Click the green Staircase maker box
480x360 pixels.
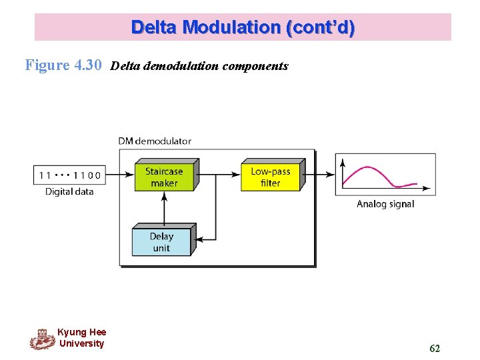coord(163,176)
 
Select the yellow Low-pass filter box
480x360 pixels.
coord(270,176)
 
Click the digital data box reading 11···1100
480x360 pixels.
coord(69,175)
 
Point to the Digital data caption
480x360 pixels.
coord(69,192)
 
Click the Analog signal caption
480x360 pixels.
coord(385,204)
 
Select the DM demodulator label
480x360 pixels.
coord(155,141)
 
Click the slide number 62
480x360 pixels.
coord(435,348)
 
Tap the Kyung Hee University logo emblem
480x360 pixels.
coord(42,339)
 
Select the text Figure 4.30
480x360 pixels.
coord(63,65)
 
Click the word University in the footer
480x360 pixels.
coord(81,343)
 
